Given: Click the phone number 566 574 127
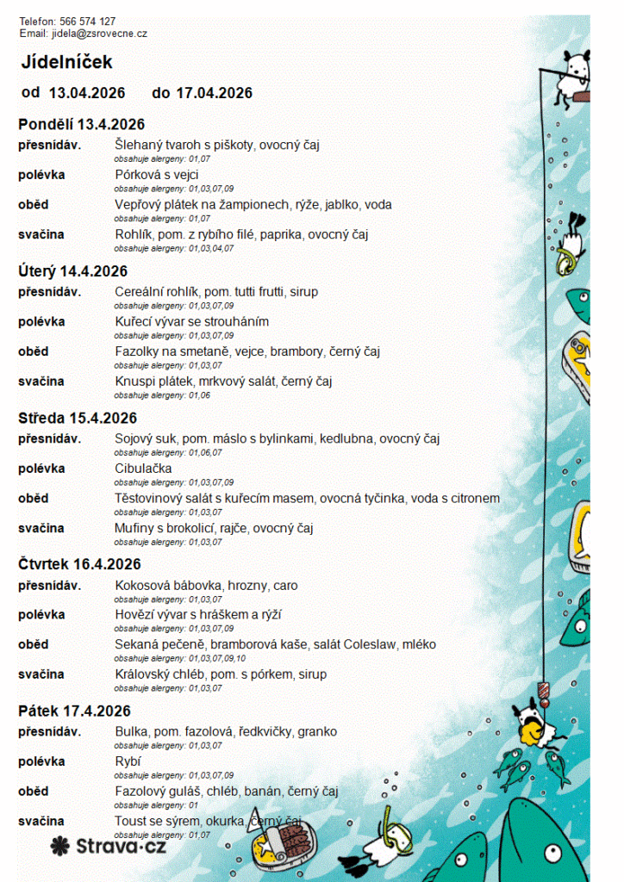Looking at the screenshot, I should pos(87,22).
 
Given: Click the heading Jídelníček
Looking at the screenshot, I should pos(67,62).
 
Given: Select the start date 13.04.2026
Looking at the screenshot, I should pos(87,93).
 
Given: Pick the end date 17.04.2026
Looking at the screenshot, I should pos(214,93).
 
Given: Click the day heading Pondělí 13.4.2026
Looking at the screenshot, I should pos(82,125).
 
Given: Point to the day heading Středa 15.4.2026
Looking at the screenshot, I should pos(78,419).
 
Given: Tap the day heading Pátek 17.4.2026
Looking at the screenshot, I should pos(75,711).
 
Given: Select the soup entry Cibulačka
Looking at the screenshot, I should pos(143,469).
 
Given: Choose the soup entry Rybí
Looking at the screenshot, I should pos(128,761).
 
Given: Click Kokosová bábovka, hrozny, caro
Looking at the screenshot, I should pos(206,586).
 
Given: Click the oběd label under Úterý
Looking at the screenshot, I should pos(34,351).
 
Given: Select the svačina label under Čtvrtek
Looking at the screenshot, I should pos(41,674).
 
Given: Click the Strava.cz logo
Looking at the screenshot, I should pos(109,847).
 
